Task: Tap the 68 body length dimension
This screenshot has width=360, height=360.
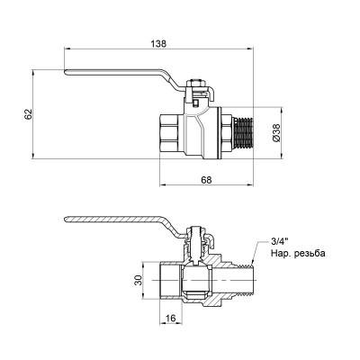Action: click(206, 180)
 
